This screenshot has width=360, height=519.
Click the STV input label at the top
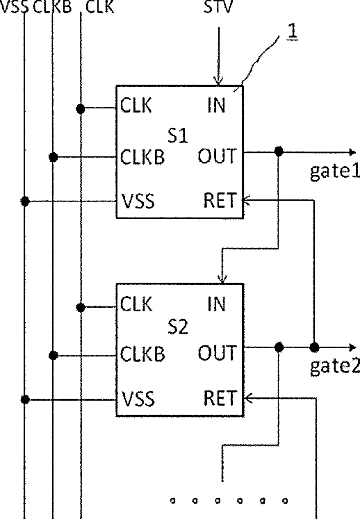(218, 7)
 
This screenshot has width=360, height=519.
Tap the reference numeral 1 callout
(293, 31)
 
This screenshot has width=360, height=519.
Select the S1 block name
(178, 135)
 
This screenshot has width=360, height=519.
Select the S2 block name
(178, 327)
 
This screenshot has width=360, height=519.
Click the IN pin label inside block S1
(217, 106)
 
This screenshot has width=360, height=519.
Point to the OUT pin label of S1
(218, 156)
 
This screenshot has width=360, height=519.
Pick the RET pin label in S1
(220, 200)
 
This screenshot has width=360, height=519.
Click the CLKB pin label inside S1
(142, 156)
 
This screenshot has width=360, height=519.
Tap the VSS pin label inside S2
(138, 399)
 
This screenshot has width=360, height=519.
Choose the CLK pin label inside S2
(136, 304)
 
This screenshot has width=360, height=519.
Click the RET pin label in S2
(220, 398)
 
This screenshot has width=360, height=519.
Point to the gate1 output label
(335, 172)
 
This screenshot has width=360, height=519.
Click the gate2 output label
(335, 366)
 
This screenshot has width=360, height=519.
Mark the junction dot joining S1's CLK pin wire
(81, 108)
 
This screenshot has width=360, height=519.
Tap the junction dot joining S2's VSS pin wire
(25, 399)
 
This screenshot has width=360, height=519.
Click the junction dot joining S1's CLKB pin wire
(53, 157)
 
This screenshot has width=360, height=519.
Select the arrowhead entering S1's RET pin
(247, 200)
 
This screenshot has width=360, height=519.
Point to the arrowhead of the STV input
(218, 81)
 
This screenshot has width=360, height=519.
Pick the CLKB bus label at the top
(52, 7)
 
